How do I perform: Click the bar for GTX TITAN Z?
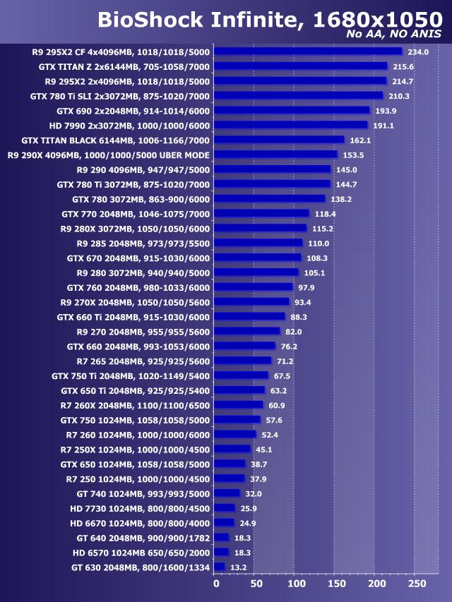tap(300, 66)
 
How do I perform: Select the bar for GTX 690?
tap(292, 110)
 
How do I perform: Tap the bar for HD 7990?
tap(290, 125)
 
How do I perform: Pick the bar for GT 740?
tap(227, 493)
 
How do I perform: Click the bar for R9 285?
tap(258, 243)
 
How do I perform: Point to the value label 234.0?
tap(418, 52)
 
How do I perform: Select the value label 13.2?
tap(239, 567)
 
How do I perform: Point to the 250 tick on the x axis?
tap(418, 584)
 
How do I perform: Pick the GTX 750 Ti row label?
tap(131, 375)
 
